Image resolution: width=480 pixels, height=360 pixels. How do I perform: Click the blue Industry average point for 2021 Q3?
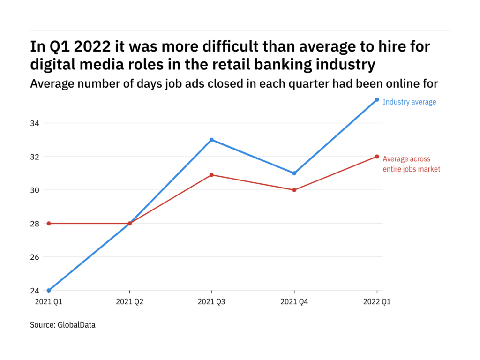[x=212, y=140]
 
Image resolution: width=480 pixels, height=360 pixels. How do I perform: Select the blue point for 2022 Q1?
[x=377, y=99]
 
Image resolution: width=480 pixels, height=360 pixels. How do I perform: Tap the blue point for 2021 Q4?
[x=294, y=173]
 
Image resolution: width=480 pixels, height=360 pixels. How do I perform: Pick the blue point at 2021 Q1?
[x=49, y=291]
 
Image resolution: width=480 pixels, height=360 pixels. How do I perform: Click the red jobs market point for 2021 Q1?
[x=49, y=223]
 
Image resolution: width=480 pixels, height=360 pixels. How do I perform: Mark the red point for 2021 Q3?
[x=212, y=175]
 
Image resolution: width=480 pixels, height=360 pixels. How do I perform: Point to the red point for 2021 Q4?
[x=294, y=190]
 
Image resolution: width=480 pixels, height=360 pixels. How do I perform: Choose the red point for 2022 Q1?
[x=377, y=157]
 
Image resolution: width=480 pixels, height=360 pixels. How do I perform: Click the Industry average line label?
[x=409, y=102]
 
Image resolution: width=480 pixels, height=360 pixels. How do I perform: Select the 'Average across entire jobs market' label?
[x=411, y=164]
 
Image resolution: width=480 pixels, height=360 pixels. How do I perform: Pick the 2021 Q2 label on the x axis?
[x=130, y=302]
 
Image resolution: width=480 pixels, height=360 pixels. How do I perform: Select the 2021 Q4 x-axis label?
[x=294, y=302]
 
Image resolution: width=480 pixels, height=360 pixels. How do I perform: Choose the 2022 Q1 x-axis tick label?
[x=377, y=302]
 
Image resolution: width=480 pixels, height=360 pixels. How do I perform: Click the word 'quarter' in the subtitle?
[x=317, y=83]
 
